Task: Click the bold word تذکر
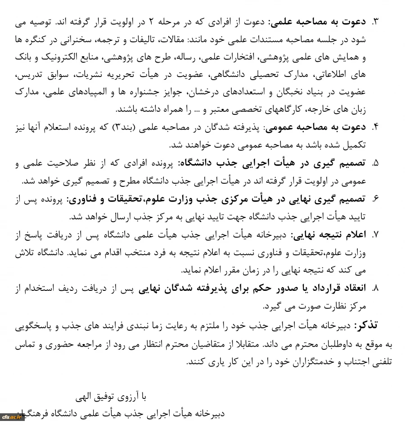[x=366, y=326]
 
